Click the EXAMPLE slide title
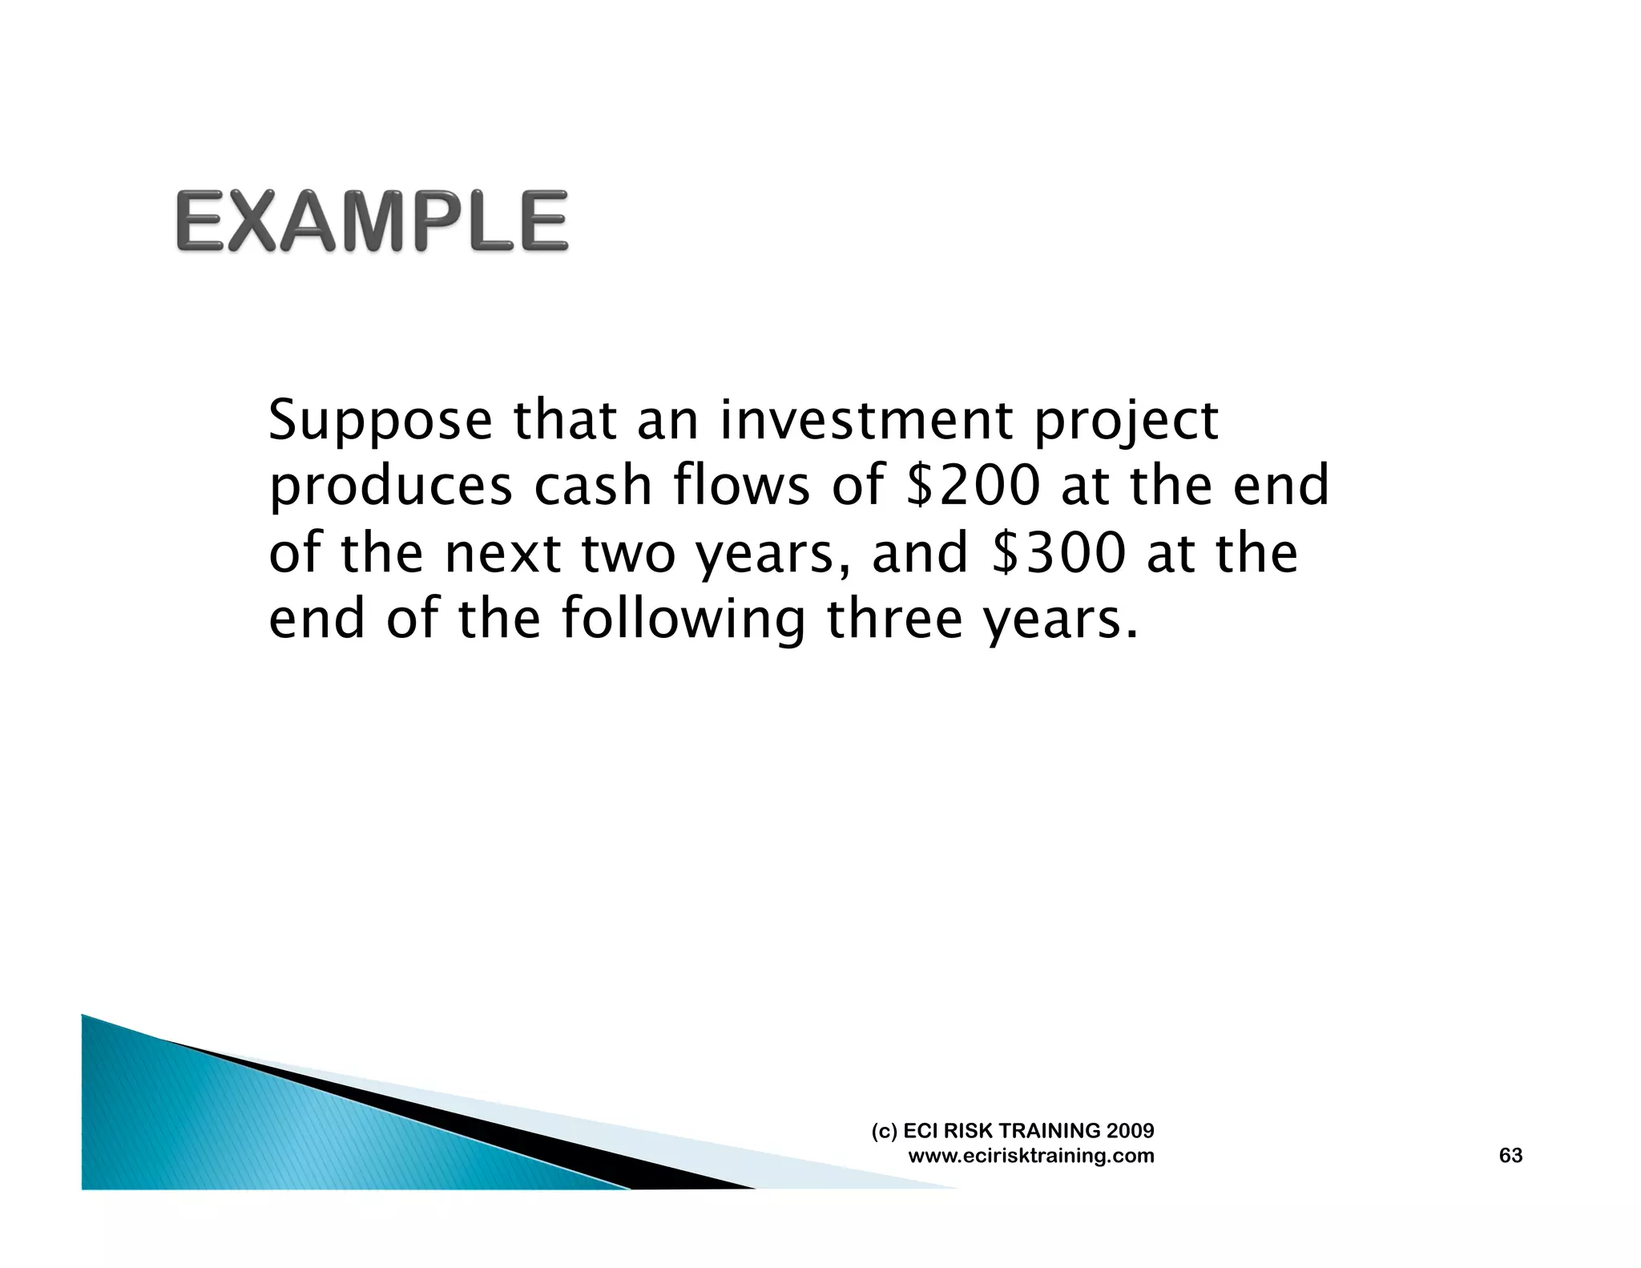point(372,220)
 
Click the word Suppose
point(380,422)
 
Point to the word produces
point(390,487)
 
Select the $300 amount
point(1059,553)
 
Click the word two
point(628,553)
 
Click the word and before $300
point(919,553)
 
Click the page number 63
point(1510,1155)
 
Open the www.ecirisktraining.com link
point(1030,1156)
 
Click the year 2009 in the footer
point(1130,1131)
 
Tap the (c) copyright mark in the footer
point(884,1131)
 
